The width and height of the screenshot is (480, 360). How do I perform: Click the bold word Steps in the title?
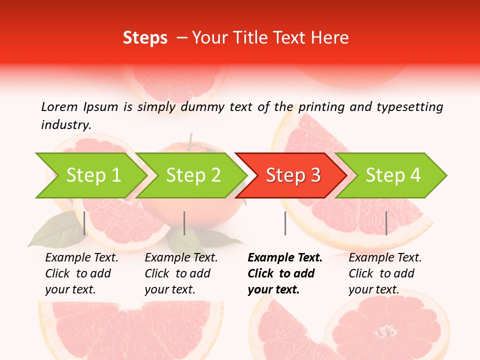tap(145, 38)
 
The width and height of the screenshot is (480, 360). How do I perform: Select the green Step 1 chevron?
tap(90, 175)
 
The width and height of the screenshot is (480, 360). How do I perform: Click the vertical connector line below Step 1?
tap(84, 223)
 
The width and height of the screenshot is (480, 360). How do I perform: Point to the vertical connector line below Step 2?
tap(184, 223)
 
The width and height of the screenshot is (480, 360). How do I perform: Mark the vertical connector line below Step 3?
tap(285, 223)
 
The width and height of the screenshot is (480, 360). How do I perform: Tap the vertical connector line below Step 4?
tap(386, 223)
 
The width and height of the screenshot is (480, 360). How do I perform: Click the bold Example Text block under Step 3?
tap(284, 273)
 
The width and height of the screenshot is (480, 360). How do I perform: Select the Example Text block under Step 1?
tap(81, 273)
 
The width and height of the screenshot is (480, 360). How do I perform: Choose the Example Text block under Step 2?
tap(181, 273)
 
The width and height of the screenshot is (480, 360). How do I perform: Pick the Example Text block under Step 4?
tap(385, 273)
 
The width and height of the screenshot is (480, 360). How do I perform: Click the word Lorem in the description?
tap(59, 107)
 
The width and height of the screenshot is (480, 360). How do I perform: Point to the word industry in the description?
tap(65, 125)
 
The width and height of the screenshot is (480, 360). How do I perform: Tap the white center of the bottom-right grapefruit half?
tap(386, 331)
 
